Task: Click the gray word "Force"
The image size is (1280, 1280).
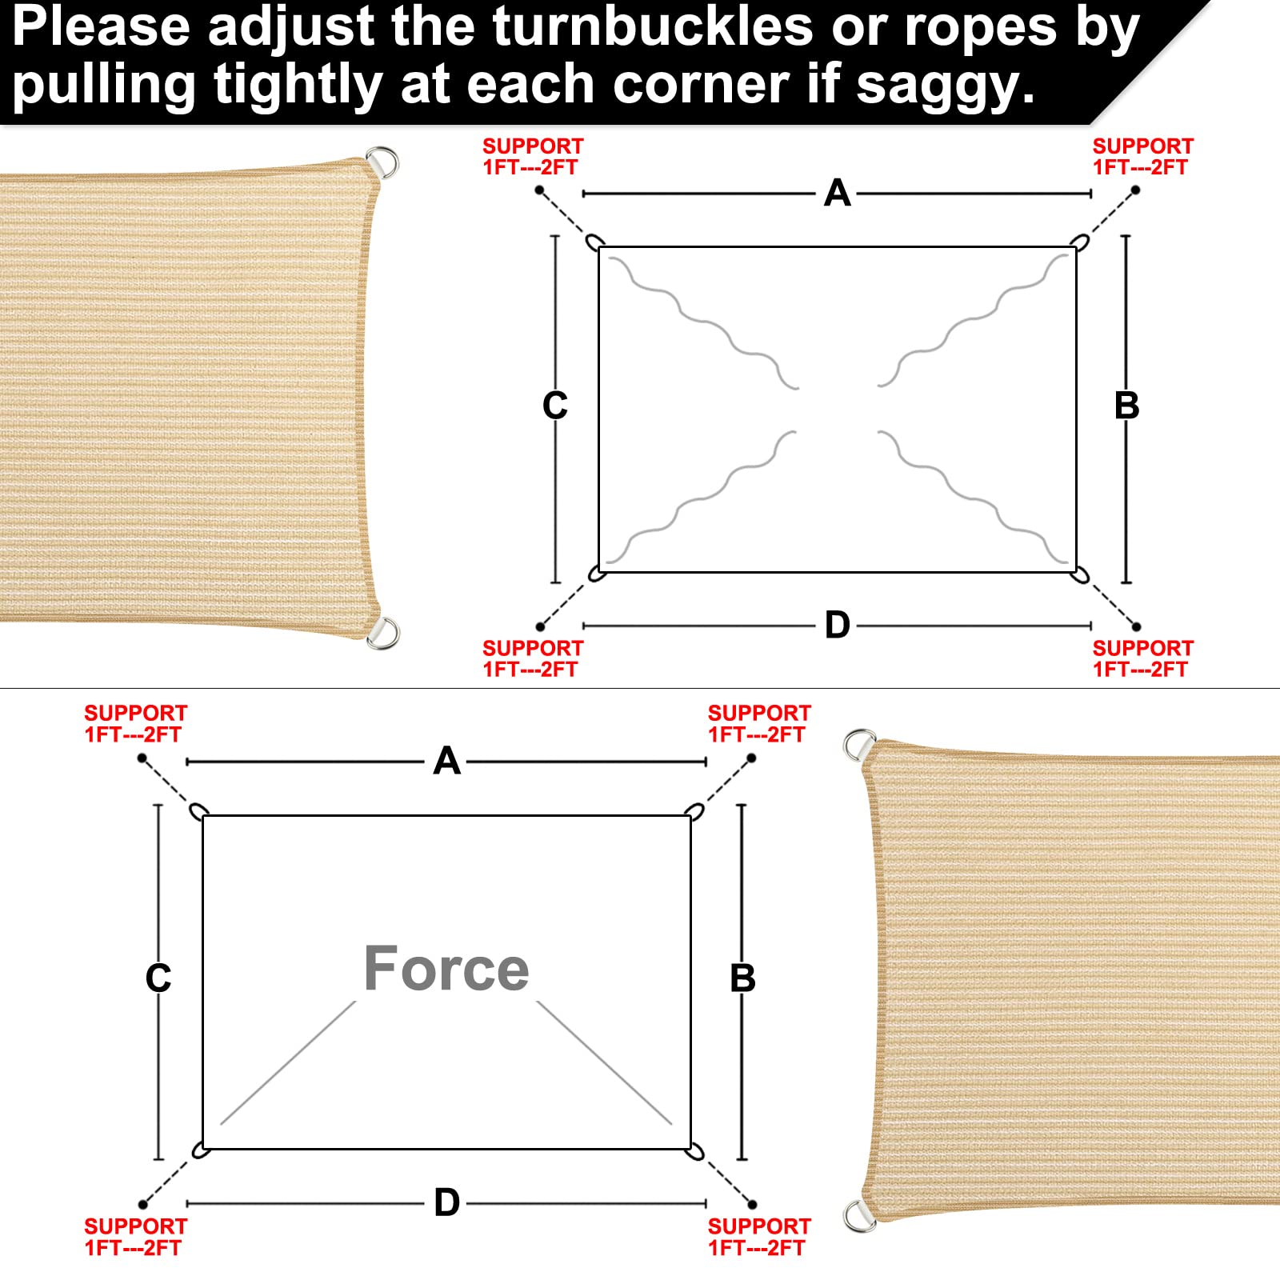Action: [446, 968]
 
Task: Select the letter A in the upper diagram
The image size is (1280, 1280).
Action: [837, 193]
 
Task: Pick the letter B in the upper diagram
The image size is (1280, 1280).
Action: [1126, 405]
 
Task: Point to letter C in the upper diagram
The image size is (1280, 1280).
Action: [554, 405]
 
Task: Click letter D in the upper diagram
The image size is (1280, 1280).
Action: [837, 625]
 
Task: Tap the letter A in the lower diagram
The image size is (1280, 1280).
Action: [446, 761]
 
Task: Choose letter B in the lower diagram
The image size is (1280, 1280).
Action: [742, 978]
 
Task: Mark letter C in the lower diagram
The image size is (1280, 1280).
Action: [158, 978]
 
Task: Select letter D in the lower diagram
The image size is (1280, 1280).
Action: [446, 1202]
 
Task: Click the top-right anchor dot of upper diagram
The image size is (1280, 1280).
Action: [1135, 190]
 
